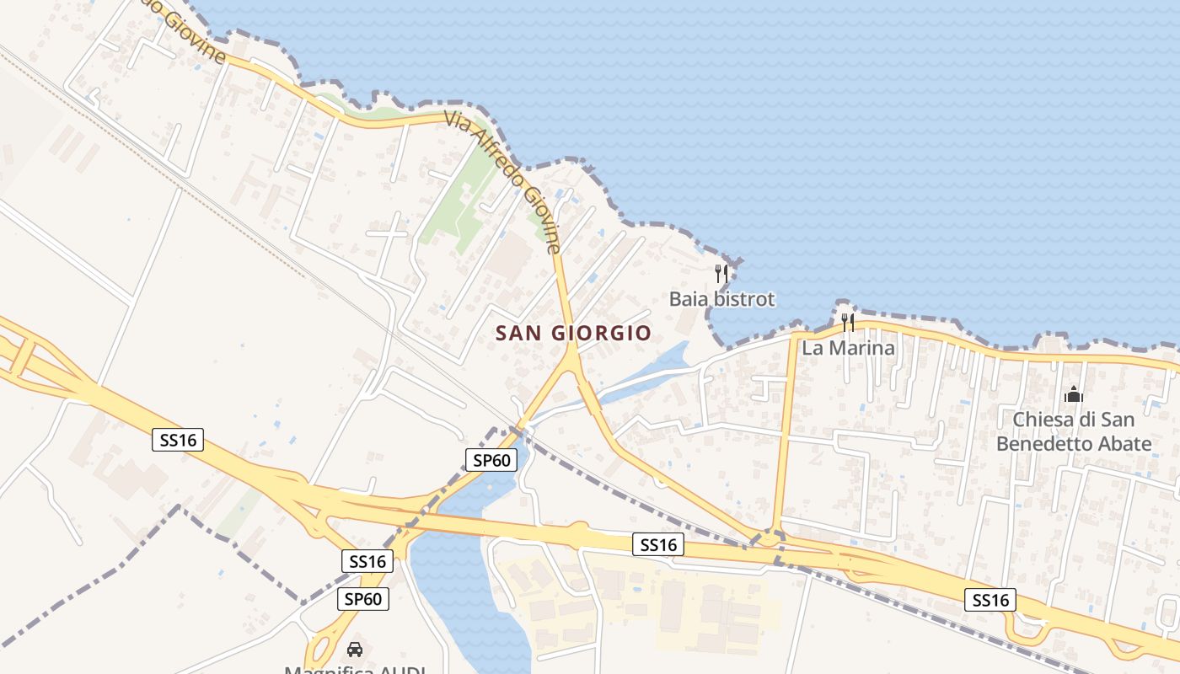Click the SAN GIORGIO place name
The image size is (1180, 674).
[573, 334]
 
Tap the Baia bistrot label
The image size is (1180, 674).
[721, 299]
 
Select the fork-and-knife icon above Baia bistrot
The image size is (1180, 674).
[721, 273]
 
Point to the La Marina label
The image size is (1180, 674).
[848, 347]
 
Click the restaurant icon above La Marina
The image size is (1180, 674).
[848, 322]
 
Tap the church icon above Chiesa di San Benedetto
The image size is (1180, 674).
[1074, 393]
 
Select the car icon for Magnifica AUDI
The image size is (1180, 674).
[355, 650]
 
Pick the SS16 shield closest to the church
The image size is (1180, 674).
[990, 600]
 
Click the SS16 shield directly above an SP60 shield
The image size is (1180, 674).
[367, 561]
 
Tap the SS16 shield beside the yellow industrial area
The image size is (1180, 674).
[658, 545]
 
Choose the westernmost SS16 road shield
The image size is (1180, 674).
[178, 439]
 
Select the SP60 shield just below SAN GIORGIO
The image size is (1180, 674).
[491, 460]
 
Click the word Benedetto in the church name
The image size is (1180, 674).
[1054, 444]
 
